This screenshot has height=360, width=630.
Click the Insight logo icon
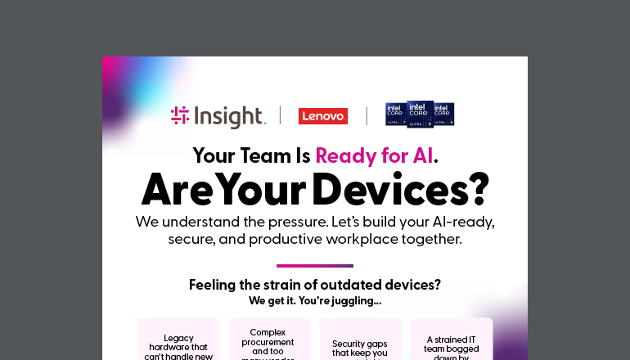point(180,116)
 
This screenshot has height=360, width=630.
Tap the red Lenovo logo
point(323,116)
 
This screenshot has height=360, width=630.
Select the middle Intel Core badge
point(420,114)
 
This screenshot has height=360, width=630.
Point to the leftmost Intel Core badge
point(397,115)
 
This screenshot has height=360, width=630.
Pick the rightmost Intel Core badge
point(443,115)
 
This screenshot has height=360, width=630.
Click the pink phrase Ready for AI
point(374,155)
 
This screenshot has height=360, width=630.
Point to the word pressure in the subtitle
point(316,222)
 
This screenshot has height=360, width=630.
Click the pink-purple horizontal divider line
point(315,265)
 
